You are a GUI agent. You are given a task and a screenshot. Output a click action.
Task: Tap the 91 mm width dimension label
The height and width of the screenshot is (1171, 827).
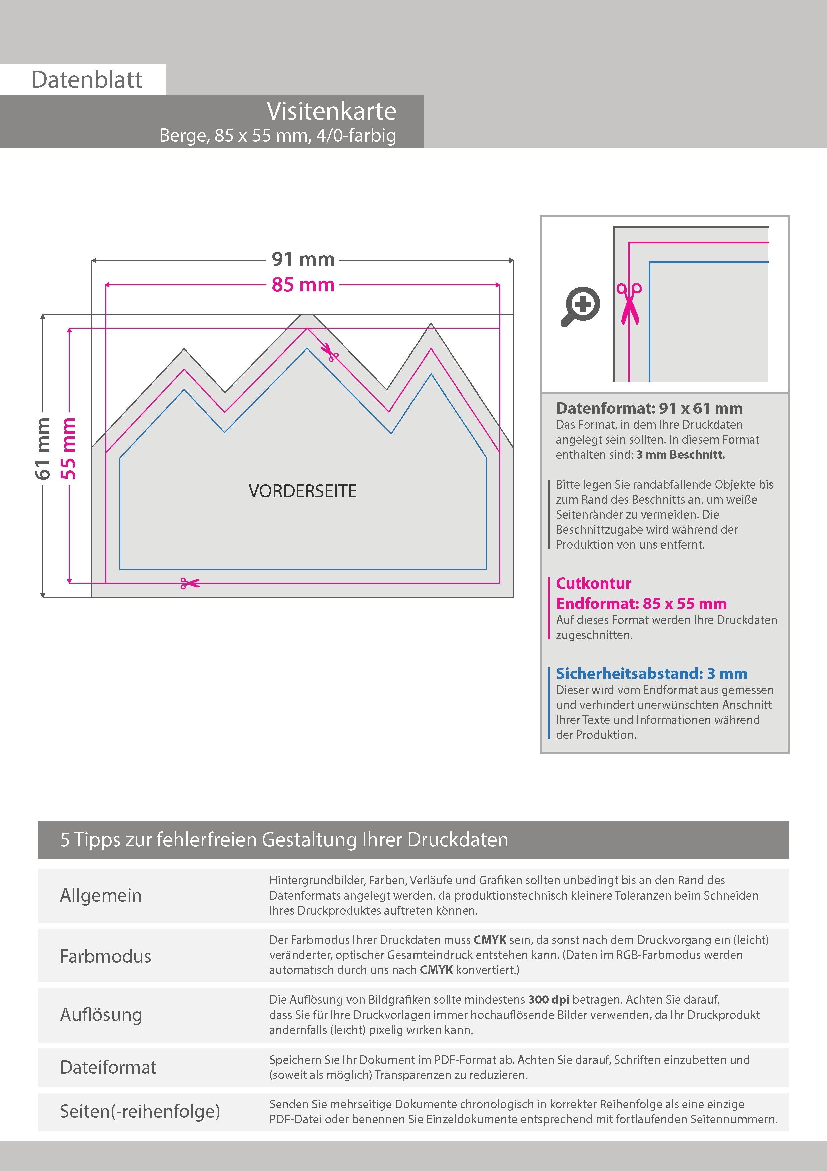pyautogui.click(x=303, y=260)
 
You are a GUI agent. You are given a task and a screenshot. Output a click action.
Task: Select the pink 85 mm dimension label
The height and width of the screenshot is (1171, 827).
pyautogui.click(x=303, y=285)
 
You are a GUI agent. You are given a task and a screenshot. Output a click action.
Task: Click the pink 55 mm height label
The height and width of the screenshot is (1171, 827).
pyautogui.click(x=68, y=449)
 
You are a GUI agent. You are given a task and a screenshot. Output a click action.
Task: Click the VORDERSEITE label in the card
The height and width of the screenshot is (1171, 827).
pyautogui.click(x=303, y=491)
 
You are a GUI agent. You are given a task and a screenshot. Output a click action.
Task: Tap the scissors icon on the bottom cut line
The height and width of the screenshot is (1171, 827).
pyautogui.click(x=189, y=583)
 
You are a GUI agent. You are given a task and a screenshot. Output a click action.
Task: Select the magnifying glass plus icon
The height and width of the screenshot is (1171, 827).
pyautogui.click(x=580, y=306)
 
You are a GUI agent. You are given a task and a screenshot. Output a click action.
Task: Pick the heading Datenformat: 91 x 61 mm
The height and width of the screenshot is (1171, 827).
pyautogui.click(x=649, y=408)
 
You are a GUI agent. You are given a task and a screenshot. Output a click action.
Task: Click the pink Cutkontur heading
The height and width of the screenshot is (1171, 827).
pyautogui.click(x=594, y=583)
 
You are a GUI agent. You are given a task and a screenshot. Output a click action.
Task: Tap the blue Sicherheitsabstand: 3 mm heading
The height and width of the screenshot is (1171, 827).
pyautogui.click(x=651, y=673)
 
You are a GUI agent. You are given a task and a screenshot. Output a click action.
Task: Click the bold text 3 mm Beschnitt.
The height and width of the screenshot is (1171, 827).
pyautogui.click(x=680, y=454)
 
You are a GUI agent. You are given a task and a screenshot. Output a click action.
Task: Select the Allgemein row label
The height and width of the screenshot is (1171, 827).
pyautogui.click(x=101, y=895)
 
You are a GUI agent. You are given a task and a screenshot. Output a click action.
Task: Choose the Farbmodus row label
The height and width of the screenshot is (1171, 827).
pyautogui.click(x=105, y=956)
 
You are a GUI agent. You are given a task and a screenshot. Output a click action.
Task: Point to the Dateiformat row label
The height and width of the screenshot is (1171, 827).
pyautogui.click(x=108, y=1067)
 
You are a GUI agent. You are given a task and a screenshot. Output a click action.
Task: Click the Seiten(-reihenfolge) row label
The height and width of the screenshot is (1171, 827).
pyautogui.click(x=140, y=1111)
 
